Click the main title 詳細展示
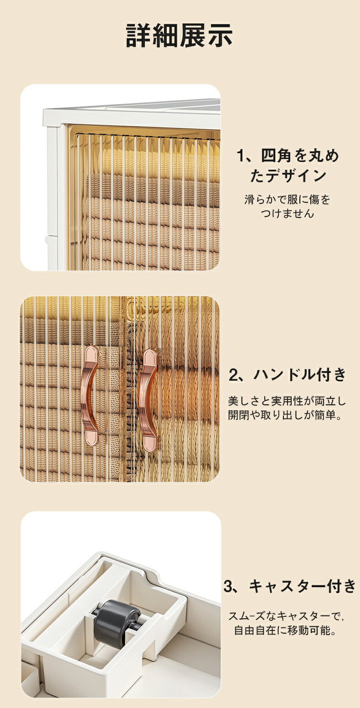click(x=179, y=35)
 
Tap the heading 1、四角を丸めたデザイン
click(x=288, y=165)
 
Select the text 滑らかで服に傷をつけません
click(x=287, y=207)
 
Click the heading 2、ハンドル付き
click(x=288, y=375)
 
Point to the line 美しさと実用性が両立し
click(x=287, y=401)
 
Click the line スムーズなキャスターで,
click(x=286, y=616)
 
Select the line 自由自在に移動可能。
click(x=285, y=630)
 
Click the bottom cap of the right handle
click(x=149, y=443)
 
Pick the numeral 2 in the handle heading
click(x=234, y=375)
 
